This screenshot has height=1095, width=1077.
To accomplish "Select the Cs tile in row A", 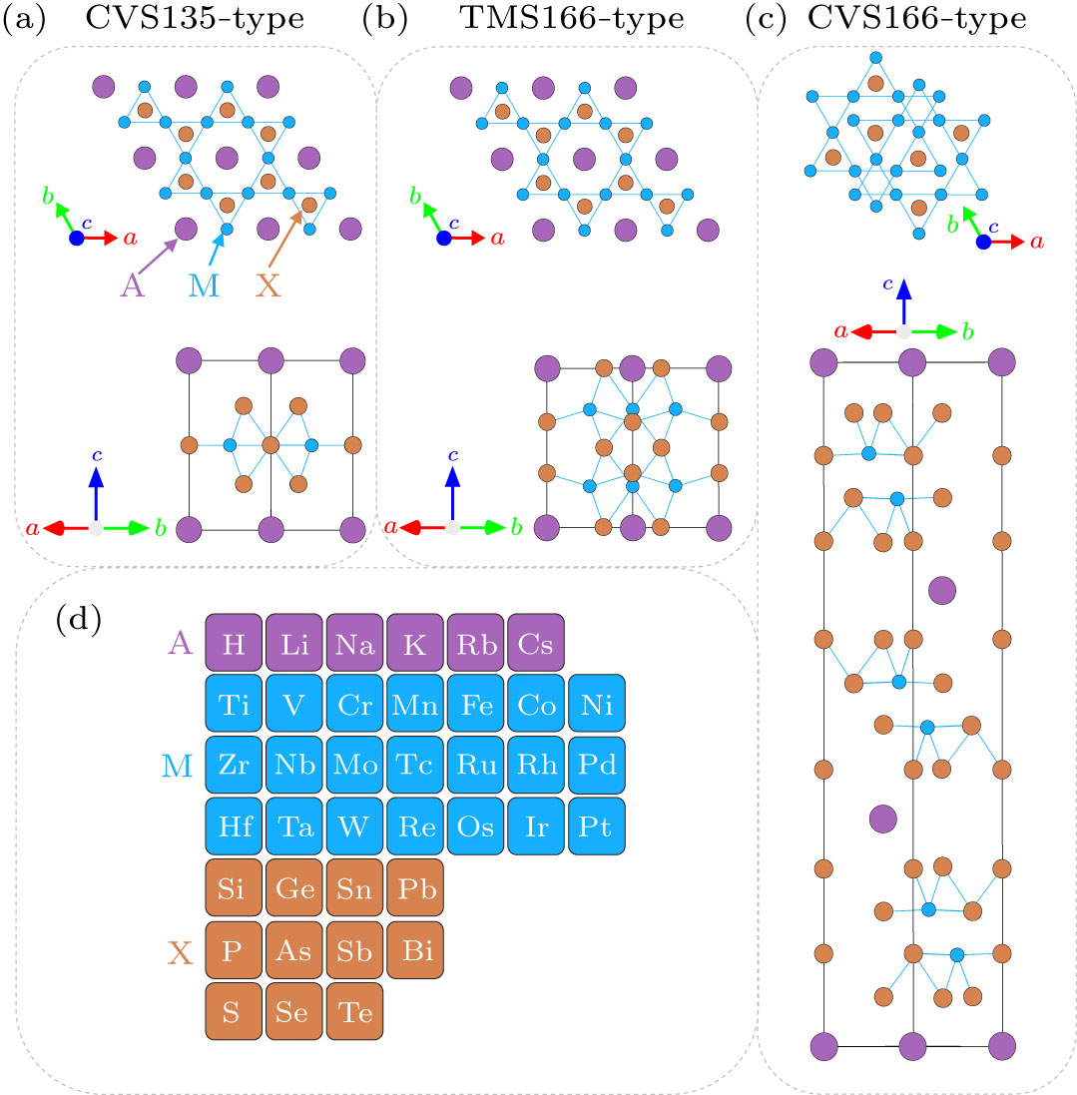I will (536, 644).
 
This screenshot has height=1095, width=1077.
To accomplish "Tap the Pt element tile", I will (596, 827).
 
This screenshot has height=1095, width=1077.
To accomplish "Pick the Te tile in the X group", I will (354, 1013).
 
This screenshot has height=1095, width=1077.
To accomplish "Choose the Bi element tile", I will (414, 951).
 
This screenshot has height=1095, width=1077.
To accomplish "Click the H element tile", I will (233, 644).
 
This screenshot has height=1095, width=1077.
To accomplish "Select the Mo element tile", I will (354, 767).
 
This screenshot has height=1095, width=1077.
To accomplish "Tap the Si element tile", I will (233, 889).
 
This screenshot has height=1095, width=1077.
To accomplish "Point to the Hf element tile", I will (233, 827).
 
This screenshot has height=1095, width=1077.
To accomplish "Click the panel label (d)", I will (78, 621).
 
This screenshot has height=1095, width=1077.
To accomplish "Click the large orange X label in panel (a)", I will (268, 285).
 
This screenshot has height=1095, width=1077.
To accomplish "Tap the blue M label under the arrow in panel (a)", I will (204, 285).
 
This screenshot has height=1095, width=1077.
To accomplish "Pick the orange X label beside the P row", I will (180, 952).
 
